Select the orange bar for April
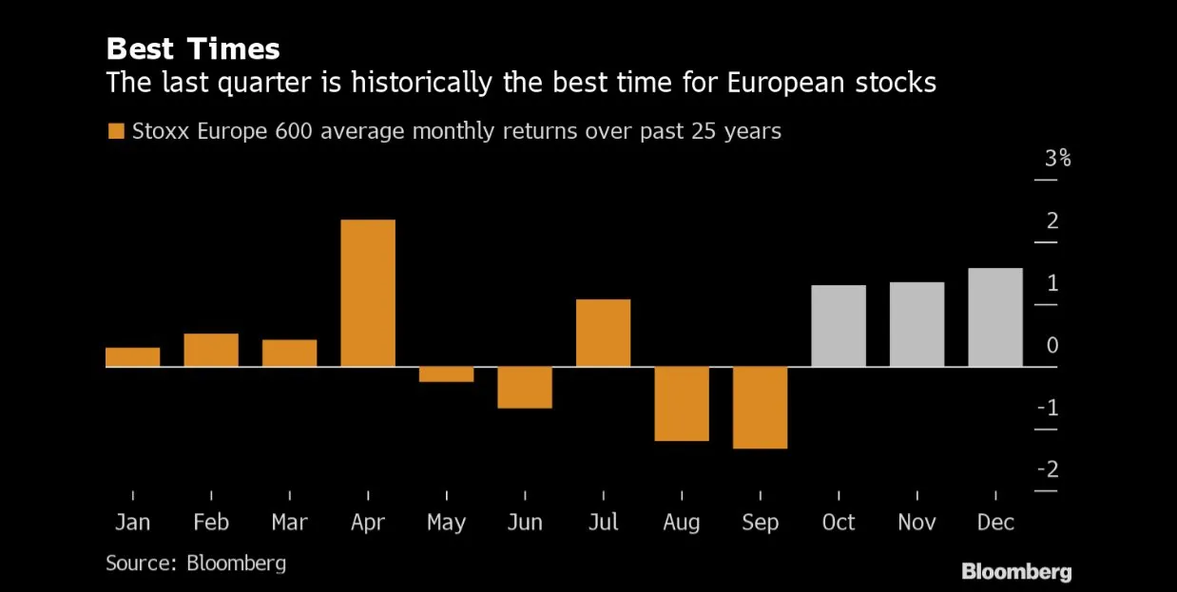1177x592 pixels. [368, 293]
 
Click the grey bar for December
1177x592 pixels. [995, 317]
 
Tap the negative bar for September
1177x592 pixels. [760, 408]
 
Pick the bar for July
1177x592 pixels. [603, 333]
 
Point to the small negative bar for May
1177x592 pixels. [446, 374]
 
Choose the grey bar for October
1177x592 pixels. [839, 326]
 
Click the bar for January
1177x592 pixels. [132, 356]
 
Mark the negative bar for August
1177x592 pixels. [682, 404]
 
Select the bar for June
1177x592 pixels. [525, 387]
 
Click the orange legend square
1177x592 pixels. [116, 131]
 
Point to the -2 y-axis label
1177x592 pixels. [1049, 469]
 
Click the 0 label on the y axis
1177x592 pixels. [1052, 345]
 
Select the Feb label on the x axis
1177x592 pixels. [211, 522]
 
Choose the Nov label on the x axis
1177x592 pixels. [917, 522]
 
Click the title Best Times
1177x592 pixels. [193, 48]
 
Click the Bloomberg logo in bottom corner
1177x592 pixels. [1016, 571]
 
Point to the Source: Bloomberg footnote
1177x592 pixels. [196, 563]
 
